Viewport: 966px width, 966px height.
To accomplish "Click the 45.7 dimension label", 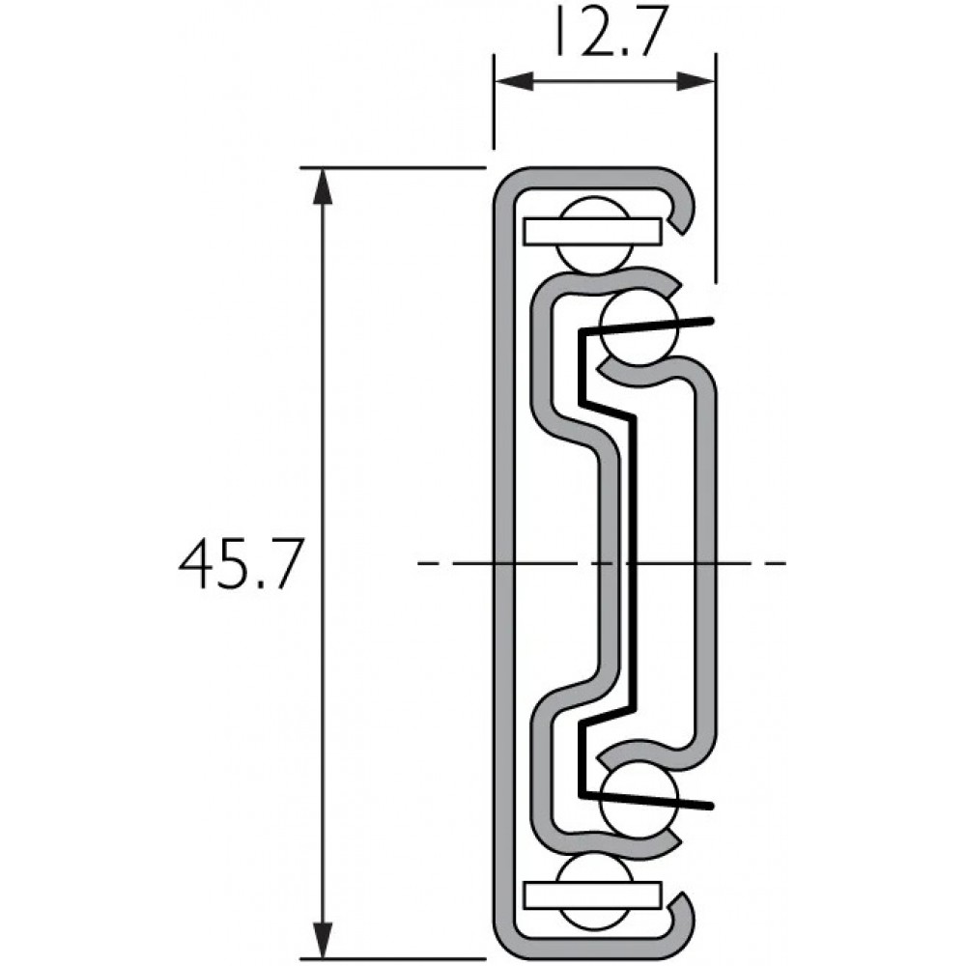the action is click(241, 564).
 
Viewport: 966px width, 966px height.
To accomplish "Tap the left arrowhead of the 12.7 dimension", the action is click(514, 81).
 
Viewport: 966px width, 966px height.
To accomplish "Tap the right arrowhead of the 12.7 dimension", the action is click(696, 81).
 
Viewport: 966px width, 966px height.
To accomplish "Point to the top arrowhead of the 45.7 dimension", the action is click(323, 186).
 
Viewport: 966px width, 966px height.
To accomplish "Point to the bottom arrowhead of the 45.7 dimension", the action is click(323, 941).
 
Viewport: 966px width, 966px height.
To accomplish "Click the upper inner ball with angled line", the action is click(639, 327).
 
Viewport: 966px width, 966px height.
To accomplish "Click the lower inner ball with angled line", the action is click(639, 800).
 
